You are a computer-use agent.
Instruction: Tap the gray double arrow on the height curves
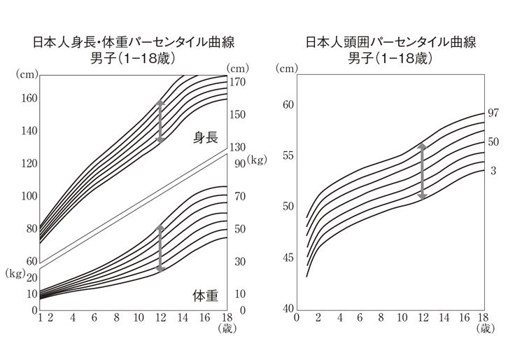point(160,122)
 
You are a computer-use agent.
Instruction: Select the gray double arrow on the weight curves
point(160,249)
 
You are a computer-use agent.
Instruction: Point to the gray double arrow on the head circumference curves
point(421,171)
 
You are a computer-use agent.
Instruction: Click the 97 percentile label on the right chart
point(493,113)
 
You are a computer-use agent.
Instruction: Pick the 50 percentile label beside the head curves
point(493,141)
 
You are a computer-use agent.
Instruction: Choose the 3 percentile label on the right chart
point(493,170)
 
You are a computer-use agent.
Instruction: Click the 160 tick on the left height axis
point(28,98)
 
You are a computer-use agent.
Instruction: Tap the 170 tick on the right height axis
point(238,82)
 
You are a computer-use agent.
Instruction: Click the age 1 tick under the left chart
point(40,318)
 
